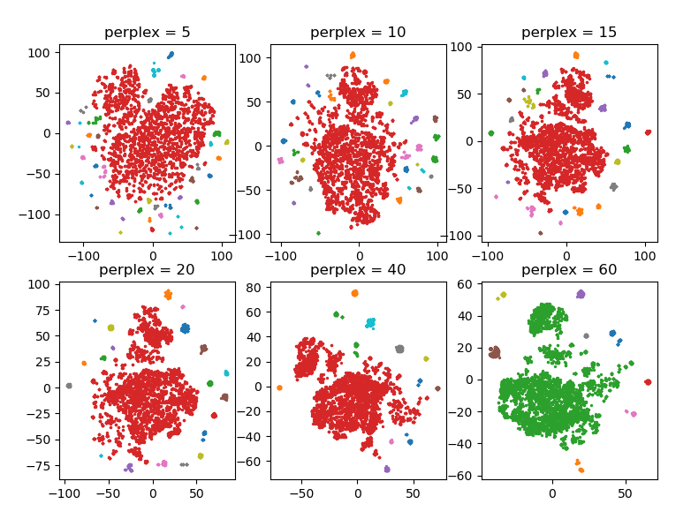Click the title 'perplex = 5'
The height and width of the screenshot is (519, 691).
point(147,33)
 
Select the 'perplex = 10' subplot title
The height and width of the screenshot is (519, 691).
point(358,33)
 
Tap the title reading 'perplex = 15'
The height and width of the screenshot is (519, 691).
point(569,33)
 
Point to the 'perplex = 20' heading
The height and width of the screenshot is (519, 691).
point(147,269)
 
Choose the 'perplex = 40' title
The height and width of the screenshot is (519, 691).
point(358,269)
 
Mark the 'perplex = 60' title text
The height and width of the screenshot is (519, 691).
point(569,269)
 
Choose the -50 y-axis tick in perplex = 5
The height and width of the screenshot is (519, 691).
point(43,174)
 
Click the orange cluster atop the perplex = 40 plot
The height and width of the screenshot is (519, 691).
point(354,293)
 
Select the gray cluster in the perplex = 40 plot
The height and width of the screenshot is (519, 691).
point(399,350)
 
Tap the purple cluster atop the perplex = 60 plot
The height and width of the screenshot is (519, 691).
point(581,294)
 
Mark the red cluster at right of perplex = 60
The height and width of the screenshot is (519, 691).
point(648,382)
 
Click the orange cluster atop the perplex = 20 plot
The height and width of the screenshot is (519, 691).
point(168,294)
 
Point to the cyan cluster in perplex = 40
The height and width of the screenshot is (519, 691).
point(371,323)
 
